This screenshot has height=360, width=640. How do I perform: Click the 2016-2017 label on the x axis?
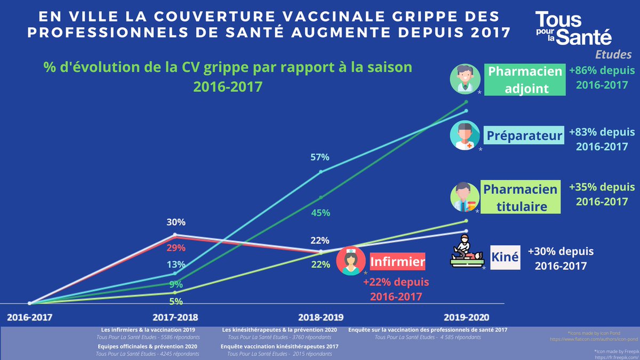pyautogui.click(x=29, y=316)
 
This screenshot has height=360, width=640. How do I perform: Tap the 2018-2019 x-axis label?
pyautogui.click(x=321, y=316)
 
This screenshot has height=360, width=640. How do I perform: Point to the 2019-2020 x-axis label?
pyautogui.click(x=466, y=316)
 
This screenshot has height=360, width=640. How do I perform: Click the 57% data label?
pyautogui.click(x=320, y=157)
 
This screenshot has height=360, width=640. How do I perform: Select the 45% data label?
pyautogui.click(x=321, y=213)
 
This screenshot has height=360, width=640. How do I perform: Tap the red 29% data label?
pyautogui.click(x=175, y=248)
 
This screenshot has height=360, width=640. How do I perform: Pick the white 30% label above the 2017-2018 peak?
pyautogui.click(x=175, y=222)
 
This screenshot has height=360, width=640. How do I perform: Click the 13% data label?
pyautogui.click(x=175, y=265)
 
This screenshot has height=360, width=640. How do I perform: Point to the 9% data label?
pyautogui.click(x=176, y=284)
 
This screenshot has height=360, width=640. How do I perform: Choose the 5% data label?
pyautogui.click(x=176, y=301)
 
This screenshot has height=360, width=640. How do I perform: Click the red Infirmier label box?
pyautogui.click(x=397, y=262)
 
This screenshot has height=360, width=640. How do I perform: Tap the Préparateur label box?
pyautogui.click(x=524, y=135)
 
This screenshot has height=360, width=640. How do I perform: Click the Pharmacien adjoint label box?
pyautogui.click(x=525, y=79)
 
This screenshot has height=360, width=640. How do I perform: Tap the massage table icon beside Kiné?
pyautogui.click(x=466, y=251)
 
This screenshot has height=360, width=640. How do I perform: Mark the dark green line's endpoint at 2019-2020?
pyautogui.click(x=466, y=102)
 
